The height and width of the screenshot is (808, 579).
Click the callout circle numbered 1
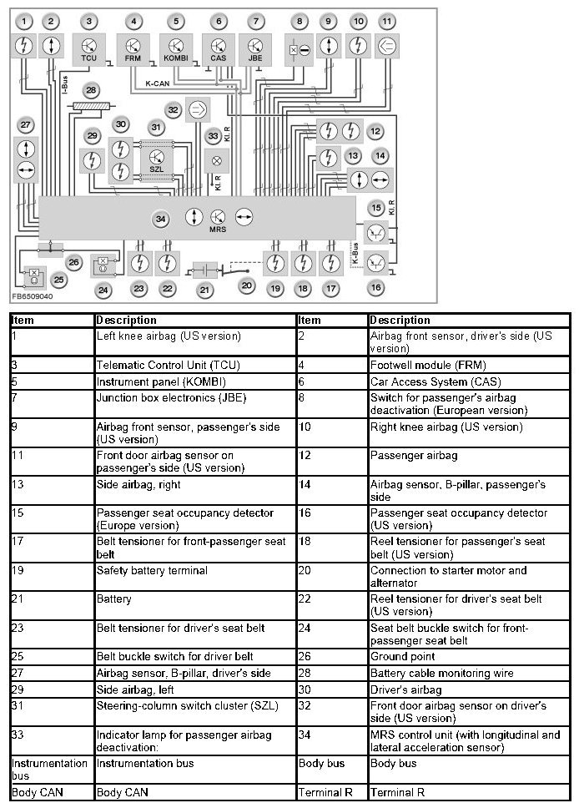coord(26,20)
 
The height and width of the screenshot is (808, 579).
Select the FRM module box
coord(133,48)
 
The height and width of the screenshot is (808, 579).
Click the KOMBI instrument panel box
coord(176,48)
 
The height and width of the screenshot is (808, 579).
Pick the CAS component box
coord(218,48)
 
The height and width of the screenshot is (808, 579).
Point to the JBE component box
coord(255,48)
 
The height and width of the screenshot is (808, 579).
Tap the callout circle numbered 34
coord(160,220)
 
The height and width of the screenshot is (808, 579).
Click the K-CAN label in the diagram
coord(159,83)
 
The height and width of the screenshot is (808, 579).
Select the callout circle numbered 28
coord(90,89)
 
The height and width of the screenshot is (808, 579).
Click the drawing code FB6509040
coord(33,296)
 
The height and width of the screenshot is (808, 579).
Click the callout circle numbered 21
coord(204,289)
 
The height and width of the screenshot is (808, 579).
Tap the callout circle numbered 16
coord(376,287)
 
